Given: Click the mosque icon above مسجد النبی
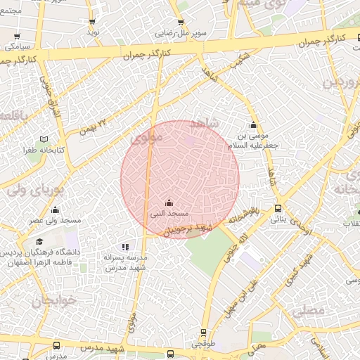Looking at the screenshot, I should [167, 202].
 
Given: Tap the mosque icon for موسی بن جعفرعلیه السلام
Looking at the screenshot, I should [254, 125].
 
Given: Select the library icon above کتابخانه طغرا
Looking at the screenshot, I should [46, 140].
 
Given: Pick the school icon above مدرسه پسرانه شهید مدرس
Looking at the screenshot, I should [125, 247].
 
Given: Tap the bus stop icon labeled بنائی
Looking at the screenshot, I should [278, 208].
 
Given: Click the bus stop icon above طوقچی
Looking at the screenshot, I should [203, 333].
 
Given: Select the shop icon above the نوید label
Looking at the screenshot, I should [93, 22].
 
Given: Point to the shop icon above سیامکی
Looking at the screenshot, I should [17, 36].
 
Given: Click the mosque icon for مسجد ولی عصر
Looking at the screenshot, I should [55, 210].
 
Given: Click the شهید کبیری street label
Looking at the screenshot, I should [300, 271].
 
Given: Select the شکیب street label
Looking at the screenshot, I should [221, 63].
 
